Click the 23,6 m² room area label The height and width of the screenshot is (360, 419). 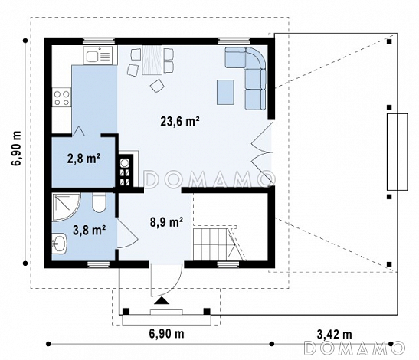coord(180,122)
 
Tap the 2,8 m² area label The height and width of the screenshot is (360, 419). coord(83,159)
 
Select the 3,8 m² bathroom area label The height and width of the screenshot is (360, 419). coord(90,230)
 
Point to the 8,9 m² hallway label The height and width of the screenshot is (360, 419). coord(166,222)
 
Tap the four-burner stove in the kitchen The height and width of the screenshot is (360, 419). coord(62,97)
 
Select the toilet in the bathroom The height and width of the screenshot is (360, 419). coord(99,203)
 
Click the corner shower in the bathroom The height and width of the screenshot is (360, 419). coord(66,207)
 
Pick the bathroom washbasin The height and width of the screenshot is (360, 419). coord(59,243)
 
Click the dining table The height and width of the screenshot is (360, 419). coord(152,60)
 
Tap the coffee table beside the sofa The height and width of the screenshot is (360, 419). coord(225,92)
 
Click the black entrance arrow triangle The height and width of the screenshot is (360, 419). coord(162,301)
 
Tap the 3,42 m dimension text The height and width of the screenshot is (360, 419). coord(334,335)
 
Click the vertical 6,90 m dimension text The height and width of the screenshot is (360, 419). coord(16,149)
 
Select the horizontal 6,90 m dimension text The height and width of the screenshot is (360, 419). coord(166,334)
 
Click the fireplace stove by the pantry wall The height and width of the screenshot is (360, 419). coord(126,171)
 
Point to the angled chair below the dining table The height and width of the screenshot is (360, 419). coord(157,86)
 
